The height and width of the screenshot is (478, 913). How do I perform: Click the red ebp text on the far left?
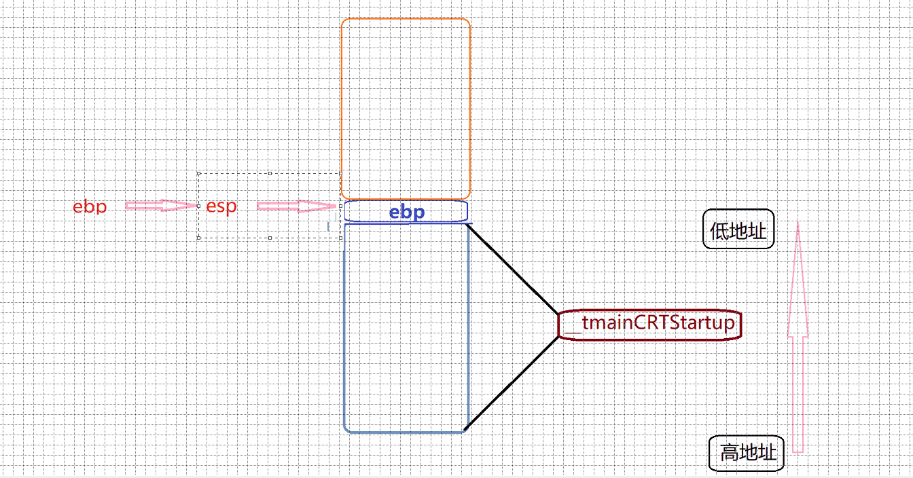click(x=90, y=206)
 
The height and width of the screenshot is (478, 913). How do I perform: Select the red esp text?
click(x=221, y=206)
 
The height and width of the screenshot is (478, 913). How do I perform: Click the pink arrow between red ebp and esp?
click(x=160, y=205)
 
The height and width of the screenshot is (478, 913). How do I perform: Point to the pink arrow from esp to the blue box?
click(x=298, y=206)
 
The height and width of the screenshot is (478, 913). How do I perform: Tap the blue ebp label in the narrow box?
click(x=406, y=212)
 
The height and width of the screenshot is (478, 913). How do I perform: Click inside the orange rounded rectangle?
click(x=406, y=109)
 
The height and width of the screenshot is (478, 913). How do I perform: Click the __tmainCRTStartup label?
click(x=649, y=324)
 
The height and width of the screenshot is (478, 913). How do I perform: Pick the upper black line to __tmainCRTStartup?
click(x=513, y=268)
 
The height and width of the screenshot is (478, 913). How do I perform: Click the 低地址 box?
click(x=738, y=229)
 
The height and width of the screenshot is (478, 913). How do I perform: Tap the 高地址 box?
click(x=747, y=453)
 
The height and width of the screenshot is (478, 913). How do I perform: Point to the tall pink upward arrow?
click(x=798, y=339)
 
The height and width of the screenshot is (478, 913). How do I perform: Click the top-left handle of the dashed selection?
click(x=198, y=173)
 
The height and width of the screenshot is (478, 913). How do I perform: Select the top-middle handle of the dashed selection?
click(x=270, y=173)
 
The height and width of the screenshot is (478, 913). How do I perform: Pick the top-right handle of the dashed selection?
click(x=340, y=173)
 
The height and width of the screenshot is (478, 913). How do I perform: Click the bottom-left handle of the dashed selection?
click(x=198, y=238)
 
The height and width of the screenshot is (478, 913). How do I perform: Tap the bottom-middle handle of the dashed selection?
click(x=270, y=238)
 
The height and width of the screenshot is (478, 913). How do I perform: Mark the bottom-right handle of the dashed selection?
click(x=340, y=238)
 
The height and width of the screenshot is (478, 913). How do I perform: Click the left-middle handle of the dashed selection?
click(x=198, y=205)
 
